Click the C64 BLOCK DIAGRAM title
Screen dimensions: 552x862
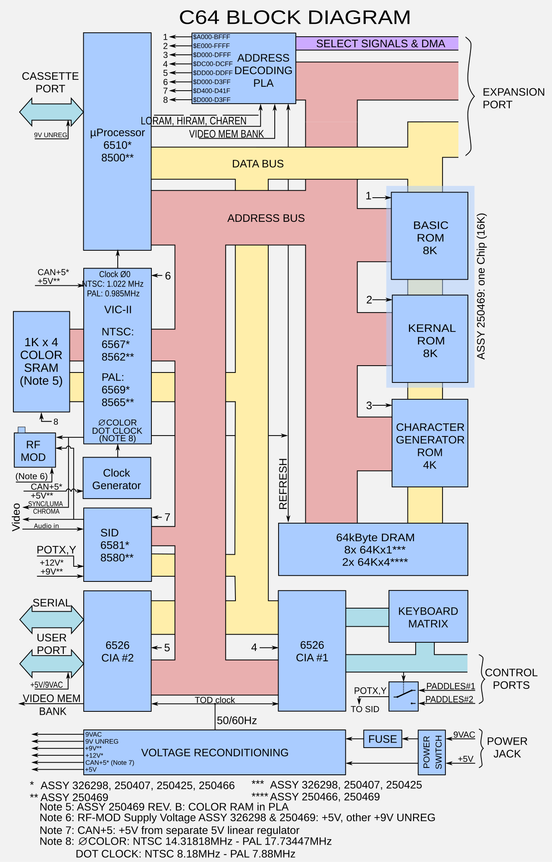pos(295,17)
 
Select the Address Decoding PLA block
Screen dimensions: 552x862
pos(244,68)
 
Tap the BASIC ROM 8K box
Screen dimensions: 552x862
pos(430,236)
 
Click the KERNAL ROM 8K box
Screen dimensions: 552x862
pos(430,339)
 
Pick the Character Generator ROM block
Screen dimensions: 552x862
pos(430,443)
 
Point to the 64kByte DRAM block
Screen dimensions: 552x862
pos(373,549)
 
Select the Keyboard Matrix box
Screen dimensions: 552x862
pos(428,616)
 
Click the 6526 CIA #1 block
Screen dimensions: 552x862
pos(312,650)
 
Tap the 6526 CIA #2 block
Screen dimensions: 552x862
pos(117,651)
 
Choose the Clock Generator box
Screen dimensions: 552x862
pos(117,478)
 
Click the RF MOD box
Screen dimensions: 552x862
pos(34,450)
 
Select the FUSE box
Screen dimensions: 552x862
pos(383,739)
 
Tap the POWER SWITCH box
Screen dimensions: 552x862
pos(432,752)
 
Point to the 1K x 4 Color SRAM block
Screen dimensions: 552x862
pos(41,362)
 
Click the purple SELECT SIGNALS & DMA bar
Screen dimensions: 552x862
pos(377,44)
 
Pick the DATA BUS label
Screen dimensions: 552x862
pos(258,164)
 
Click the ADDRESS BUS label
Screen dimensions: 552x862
pos(266,218)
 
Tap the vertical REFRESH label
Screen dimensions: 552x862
pos(283,484)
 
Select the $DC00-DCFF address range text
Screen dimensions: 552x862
pos(213,64)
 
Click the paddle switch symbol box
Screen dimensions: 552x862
pos(404,696)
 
